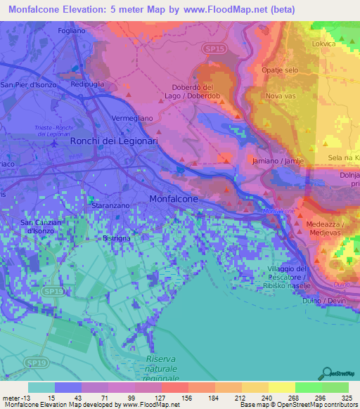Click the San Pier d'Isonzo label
click(26, 84)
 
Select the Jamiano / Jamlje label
click(278, 161)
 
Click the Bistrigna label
click(117, 239)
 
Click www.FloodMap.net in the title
click(233, 10)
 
